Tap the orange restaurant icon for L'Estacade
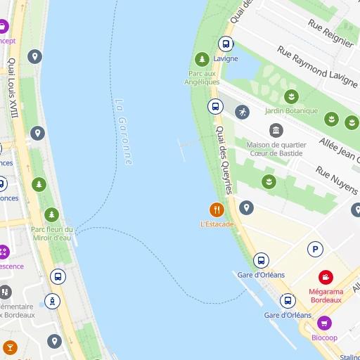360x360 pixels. click(217, 209)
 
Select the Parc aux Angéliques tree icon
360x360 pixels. click(202, 60)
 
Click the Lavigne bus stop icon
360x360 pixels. click(226, 44)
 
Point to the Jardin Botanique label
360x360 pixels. click(291, 110)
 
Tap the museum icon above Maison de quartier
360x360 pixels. click(276, 131)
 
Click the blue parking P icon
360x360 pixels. click(315, 249)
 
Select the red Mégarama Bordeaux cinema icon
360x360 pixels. click(326, 278)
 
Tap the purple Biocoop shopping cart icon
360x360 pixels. click(324, 323)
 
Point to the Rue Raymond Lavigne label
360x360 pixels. click(317, 67)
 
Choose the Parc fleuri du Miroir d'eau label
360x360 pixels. click(51, 233)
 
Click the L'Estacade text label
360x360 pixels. click(217, 224)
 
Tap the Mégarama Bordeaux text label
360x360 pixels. click(325, 295)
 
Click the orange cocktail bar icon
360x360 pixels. click(10, 347)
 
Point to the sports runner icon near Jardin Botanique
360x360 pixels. click(242, 112)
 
